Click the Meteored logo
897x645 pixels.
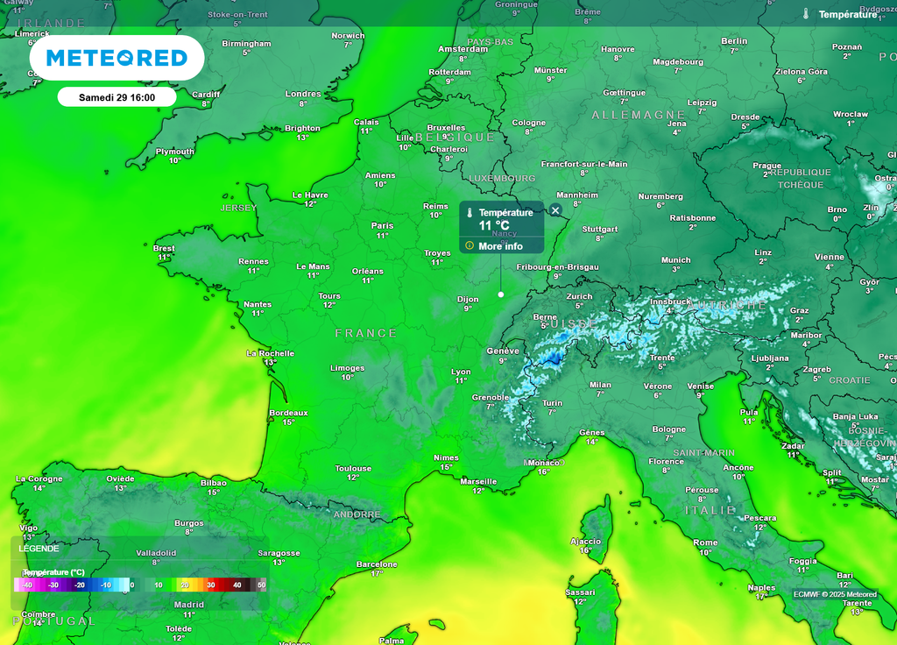[117, 58]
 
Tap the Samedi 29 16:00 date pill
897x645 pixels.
[117, 96]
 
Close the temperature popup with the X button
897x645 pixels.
[554, 210]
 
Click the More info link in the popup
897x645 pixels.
[500, 246]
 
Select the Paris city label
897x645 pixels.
[382, 225]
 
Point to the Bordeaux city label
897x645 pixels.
[288, 413]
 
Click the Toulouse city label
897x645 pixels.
[353, 469]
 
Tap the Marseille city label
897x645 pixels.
[478, 481]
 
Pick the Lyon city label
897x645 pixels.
[461, 372]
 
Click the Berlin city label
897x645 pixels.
[734, 41]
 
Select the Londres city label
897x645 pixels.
[303, 94]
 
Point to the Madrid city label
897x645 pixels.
[188, 605]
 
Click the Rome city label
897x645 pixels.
[705, 542]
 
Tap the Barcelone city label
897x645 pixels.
[377, 564]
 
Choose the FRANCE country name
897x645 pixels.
[366, 333]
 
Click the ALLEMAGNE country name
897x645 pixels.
[638, 115]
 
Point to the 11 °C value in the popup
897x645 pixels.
[494, 226]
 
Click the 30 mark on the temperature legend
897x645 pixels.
[210, 585]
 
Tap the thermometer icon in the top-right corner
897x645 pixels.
[806, 14]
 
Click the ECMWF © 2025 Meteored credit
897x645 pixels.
[835, 594]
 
